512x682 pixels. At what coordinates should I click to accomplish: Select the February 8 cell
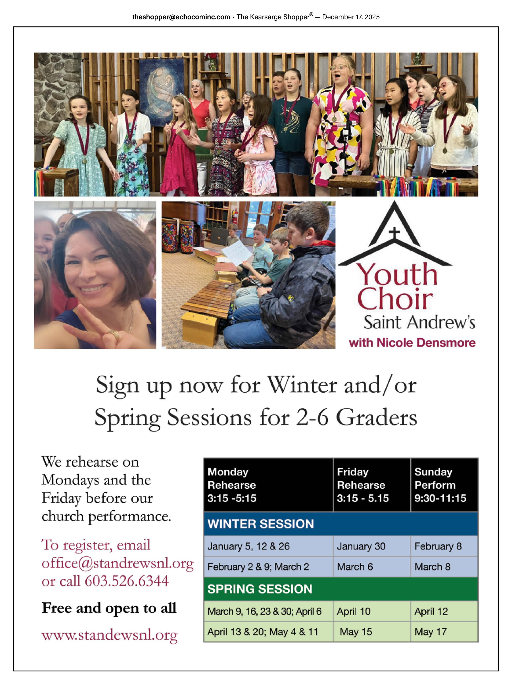438,546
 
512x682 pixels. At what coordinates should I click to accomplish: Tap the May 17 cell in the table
430,632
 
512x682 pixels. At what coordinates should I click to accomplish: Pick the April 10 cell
353,611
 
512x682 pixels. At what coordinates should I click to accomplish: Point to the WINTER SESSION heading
260,524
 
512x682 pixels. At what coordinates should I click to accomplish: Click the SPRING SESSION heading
260,589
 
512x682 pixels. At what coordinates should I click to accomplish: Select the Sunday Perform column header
440,485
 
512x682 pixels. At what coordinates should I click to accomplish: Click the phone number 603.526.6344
127,581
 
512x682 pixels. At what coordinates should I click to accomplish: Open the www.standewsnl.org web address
110,635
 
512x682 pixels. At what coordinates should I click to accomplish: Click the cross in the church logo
394,235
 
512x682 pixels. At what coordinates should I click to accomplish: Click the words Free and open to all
109,608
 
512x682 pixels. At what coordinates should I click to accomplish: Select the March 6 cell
355,567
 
